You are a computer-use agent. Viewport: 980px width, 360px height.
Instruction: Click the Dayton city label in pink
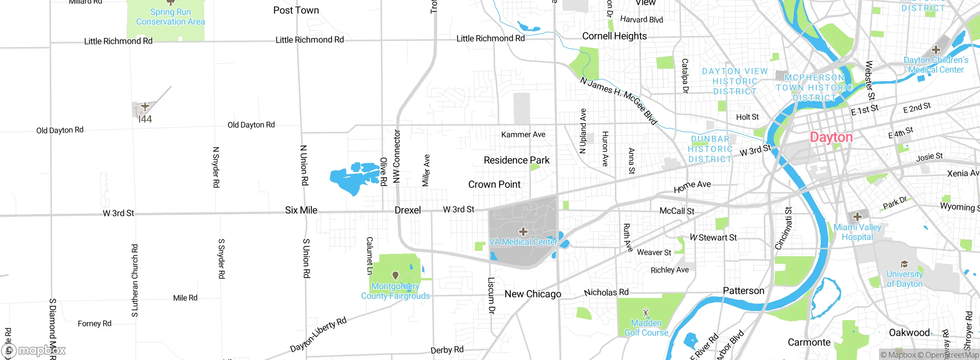(x=831, y=137)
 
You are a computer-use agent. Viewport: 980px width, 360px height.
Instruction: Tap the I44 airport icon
(x=145, y=106)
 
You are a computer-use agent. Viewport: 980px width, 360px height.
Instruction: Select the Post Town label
(x=296, y=10)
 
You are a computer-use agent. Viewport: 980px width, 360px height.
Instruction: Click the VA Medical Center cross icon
(x=523, y=231)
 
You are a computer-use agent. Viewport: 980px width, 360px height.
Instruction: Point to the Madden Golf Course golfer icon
(x=646, y=313)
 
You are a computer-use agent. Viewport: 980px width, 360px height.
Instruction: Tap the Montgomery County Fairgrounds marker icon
(x=395, y=275)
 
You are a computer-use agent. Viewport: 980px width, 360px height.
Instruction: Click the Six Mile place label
(x=301, y=210)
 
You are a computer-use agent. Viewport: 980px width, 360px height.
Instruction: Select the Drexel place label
(x=408, y=210)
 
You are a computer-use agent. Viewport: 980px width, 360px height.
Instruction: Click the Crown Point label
(x=494, y=185)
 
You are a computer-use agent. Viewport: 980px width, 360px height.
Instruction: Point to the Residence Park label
(x=516, y=160)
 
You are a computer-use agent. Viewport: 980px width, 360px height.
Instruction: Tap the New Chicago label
(x=532, y=294)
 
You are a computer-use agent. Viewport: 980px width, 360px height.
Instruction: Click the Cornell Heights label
(x=614, y=36)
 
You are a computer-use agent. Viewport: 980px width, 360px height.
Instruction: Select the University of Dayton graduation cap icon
(x=904, y=264)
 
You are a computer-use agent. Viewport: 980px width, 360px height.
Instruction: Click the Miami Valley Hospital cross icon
(x=857, y=216)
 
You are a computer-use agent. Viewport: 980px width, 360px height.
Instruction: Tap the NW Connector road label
(x=397, y=156)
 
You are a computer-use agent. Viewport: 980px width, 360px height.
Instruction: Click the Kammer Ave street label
(x=523, y=134)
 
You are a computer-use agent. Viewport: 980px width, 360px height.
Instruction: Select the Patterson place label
(x=743, y=291)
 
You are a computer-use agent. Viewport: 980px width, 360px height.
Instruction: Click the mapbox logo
(x=34, y=350)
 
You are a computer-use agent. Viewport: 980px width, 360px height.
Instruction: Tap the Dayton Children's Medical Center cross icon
(x=936, y=50)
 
